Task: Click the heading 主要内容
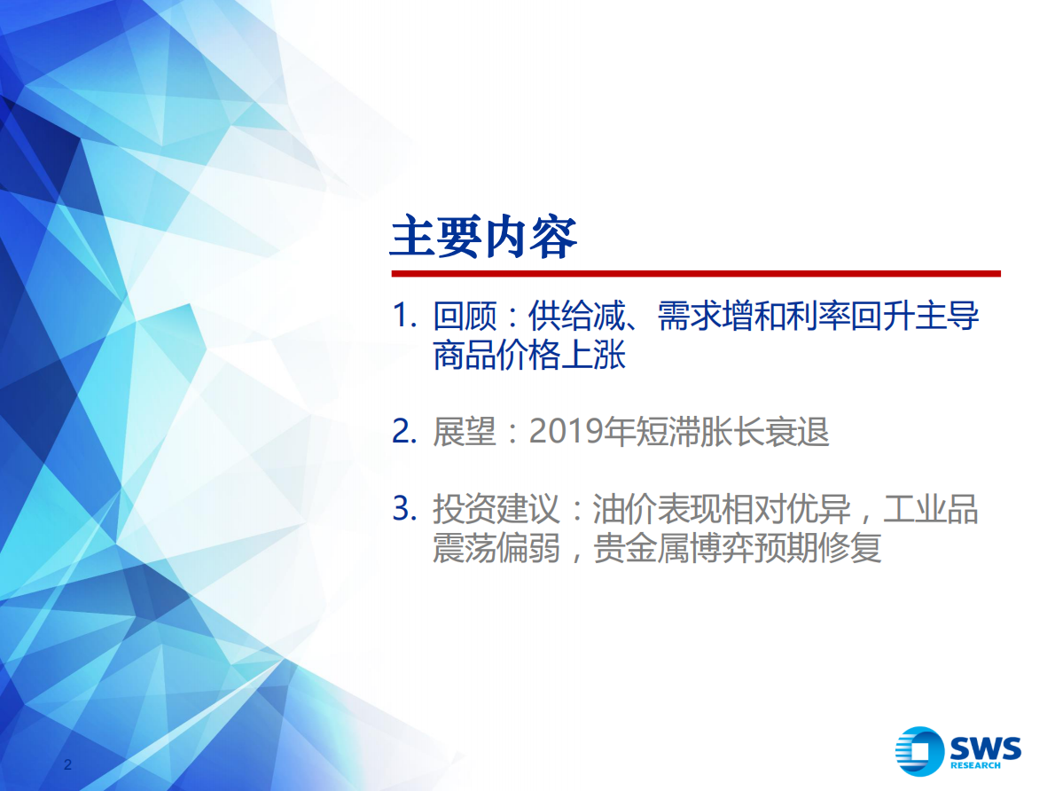coord(484,236)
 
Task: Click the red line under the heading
coord(695,274)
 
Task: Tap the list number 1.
coord(403,317)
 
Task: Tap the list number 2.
coord(403,433)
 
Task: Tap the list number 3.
coord(403,510)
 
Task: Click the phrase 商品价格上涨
coord(529,356)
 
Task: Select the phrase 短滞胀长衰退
coord(733,433)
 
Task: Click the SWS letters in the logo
coord(985,748)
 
